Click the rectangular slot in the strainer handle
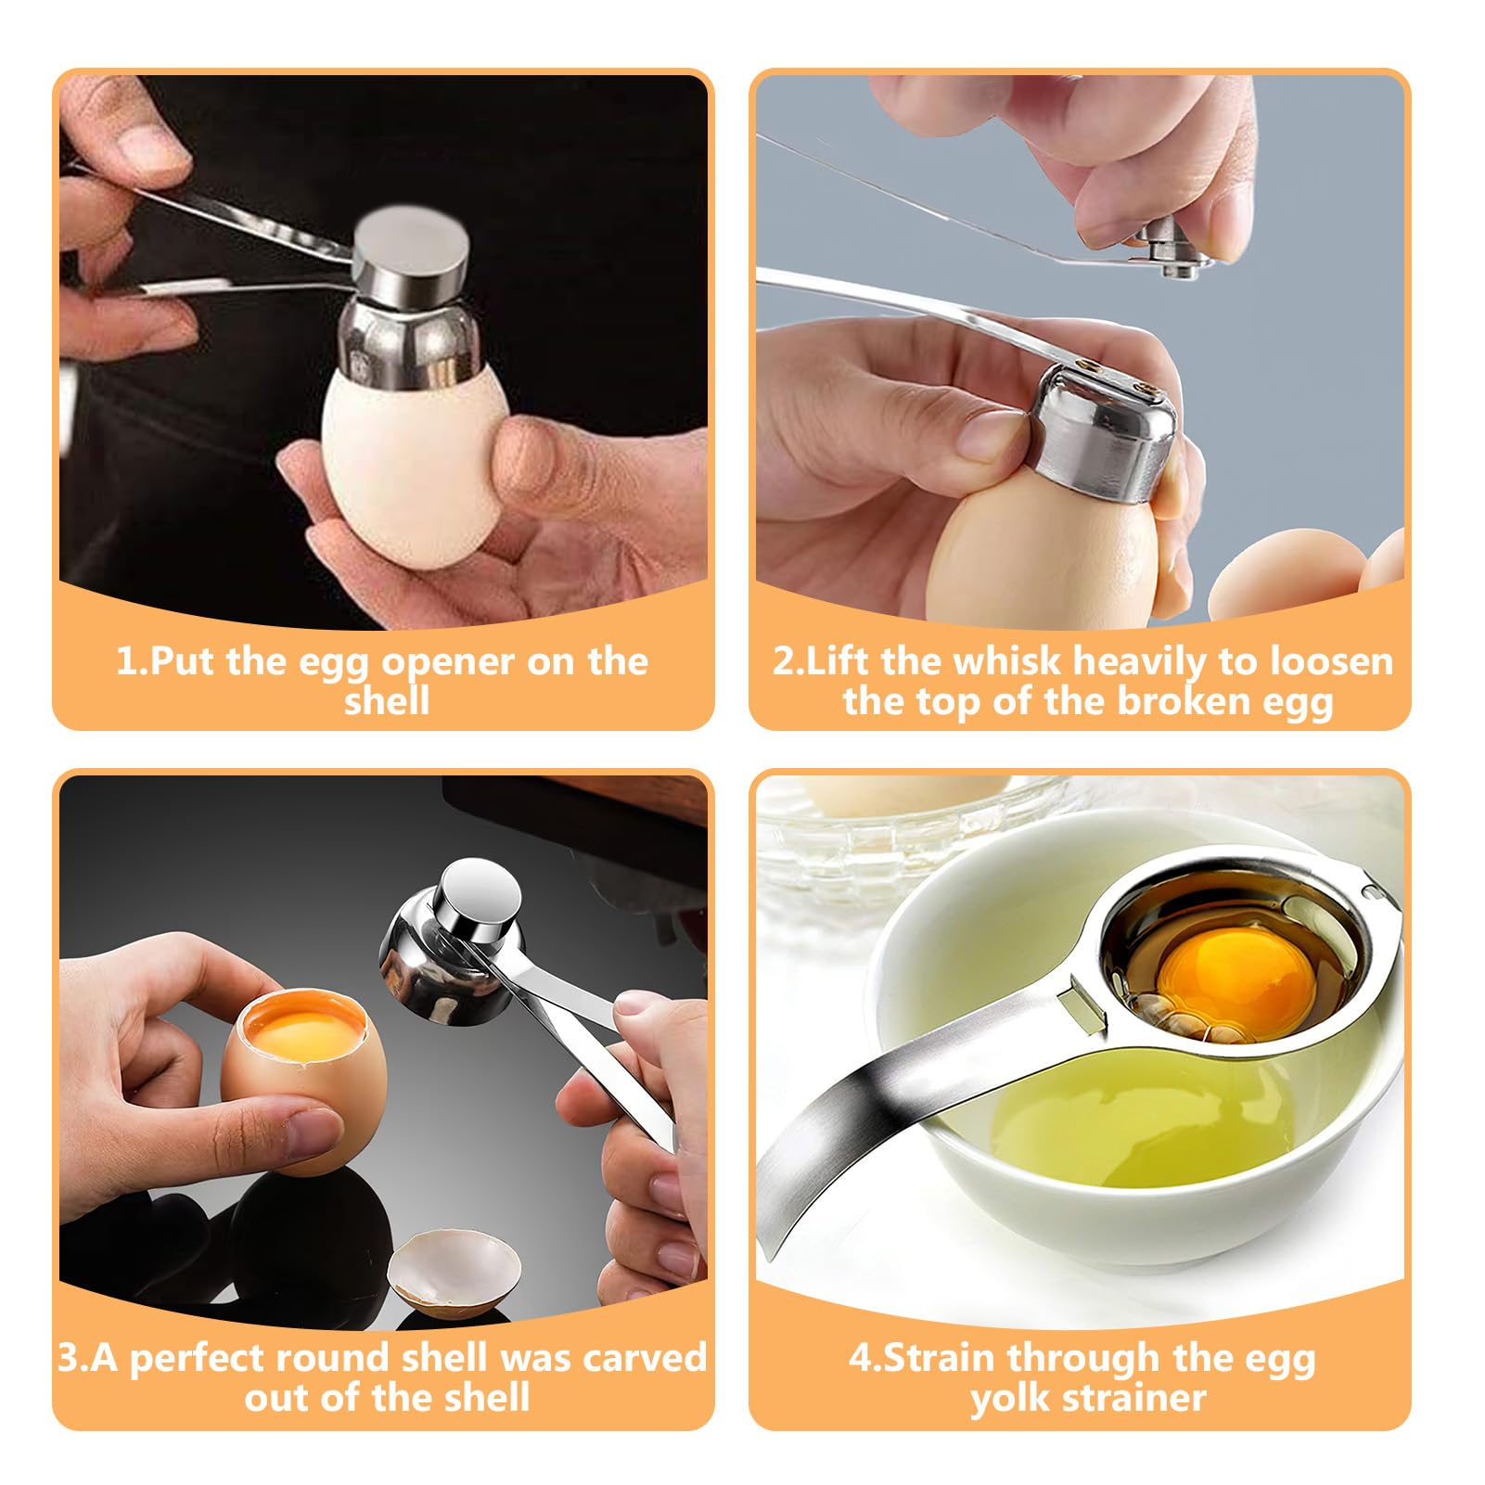[x=1087, y=1009]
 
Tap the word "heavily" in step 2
[x=1141, y=663]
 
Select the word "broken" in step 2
[x=1181, y=701]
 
